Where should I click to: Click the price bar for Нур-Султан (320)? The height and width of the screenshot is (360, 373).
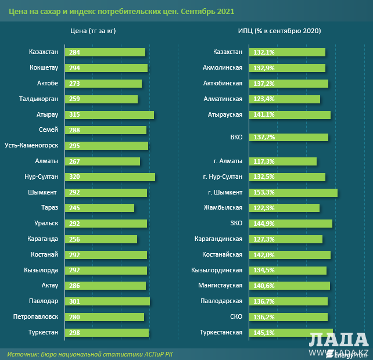tap(110, 177)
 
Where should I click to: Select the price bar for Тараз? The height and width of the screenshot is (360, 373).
tap(100, 208)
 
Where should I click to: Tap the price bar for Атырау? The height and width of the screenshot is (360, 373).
tap(110, 114)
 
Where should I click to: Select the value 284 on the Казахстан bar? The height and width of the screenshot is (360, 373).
tap(74, 52)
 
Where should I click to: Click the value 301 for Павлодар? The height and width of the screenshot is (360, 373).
tap(74, 301)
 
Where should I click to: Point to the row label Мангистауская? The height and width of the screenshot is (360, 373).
tap(217, 285)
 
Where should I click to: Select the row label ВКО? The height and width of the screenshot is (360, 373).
tap(235, 138)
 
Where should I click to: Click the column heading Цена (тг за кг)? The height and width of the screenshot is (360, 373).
tap(93, 30)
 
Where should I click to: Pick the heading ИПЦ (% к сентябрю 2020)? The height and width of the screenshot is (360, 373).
tap(279, 30)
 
